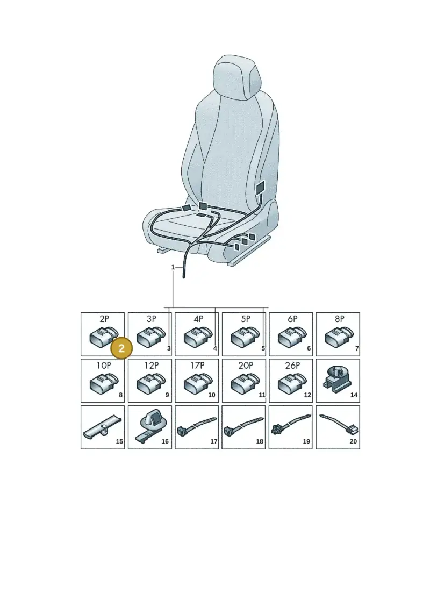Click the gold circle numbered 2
coord(121,348)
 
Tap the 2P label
coord(104,319)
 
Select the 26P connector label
coord(292,365)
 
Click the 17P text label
coord(197,365)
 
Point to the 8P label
coord(340,319)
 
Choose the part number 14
coord(354,395)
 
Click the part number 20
coord(353,441)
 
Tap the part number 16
coord(165,441)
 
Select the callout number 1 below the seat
coord(173,267)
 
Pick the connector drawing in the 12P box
coord(149,383)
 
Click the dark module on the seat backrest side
coord(260,189)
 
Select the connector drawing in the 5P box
coord(244,336)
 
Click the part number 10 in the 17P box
coord(212,395)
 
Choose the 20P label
coord(246,365)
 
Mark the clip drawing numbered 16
coord(149,426)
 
